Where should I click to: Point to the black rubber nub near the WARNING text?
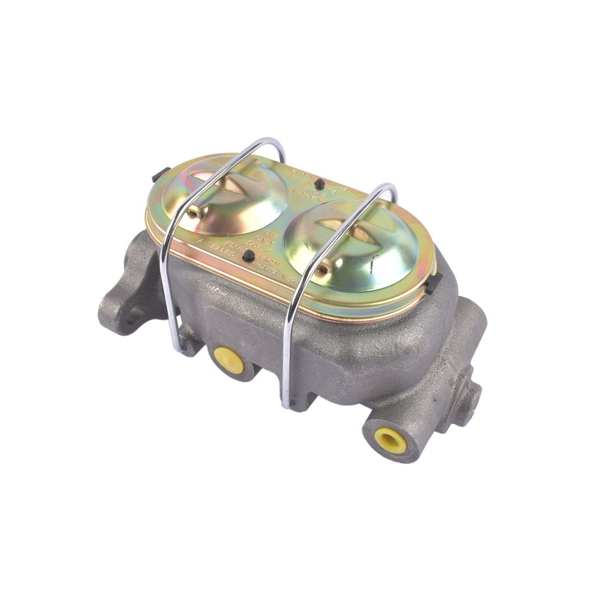pyautogui.click(x=321, y=184)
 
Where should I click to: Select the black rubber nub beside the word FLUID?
pyautogui.click(x=249, y=255)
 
